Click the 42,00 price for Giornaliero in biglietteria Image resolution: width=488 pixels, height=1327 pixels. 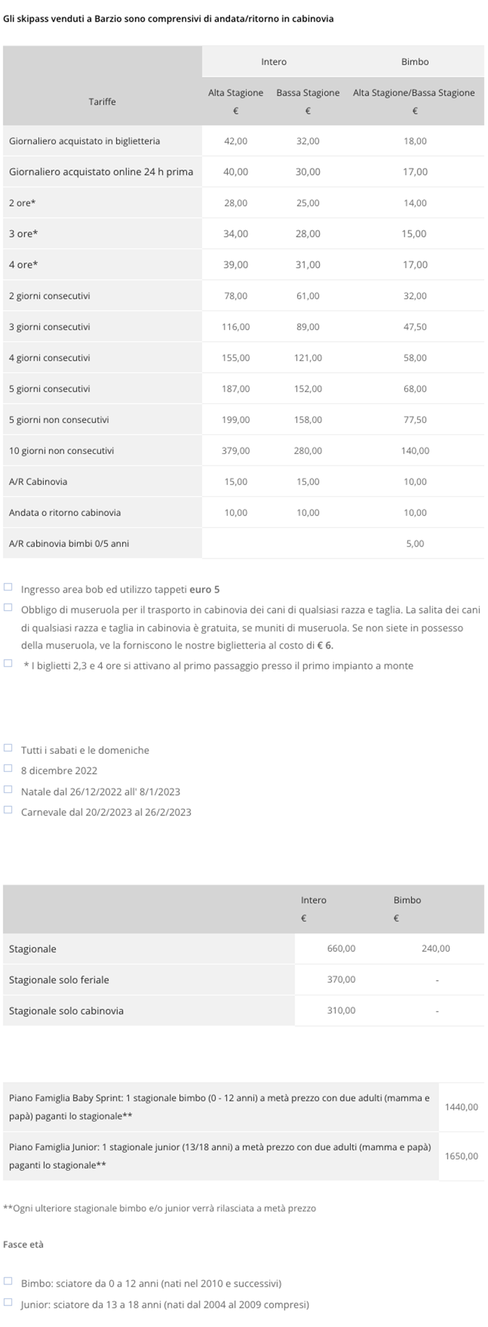pos(236,141)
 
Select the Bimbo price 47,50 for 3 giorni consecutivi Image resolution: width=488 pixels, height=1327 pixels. pos(415,327)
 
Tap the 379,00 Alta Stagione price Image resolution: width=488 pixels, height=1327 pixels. pos(236,451)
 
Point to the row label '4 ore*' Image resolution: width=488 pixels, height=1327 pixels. pos(24,265)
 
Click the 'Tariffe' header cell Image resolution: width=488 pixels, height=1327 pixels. pos(102,102)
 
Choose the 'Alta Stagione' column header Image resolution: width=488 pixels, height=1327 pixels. pos(236,93)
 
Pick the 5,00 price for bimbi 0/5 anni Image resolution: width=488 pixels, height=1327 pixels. pos(415,544)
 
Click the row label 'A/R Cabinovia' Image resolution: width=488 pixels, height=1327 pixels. pos(38,482)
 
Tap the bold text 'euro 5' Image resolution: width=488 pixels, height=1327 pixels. pos(204,589)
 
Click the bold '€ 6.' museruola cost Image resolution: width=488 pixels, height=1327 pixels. pos(325,645)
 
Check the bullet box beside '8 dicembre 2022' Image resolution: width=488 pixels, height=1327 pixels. pos(8,769)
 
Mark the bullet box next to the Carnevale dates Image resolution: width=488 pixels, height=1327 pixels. pos(8,810)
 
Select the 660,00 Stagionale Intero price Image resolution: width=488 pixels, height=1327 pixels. pos(341,949)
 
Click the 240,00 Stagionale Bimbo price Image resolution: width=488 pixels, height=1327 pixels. pos(436,949)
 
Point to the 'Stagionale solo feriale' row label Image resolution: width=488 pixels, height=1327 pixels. pos(59,980)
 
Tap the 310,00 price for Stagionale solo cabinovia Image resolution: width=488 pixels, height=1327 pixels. pos(341,1011)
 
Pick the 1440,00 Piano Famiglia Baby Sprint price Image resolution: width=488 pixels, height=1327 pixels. pos(462,1107)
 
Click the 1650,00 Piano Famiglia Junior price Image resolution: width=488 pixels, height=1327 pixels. pos(462,1156)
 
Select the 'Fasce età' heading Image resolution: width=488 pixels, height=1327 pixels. pos(23,1244)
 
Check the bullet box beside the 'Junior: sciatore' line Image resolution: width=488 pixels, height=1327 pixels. pos(8,1302)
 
